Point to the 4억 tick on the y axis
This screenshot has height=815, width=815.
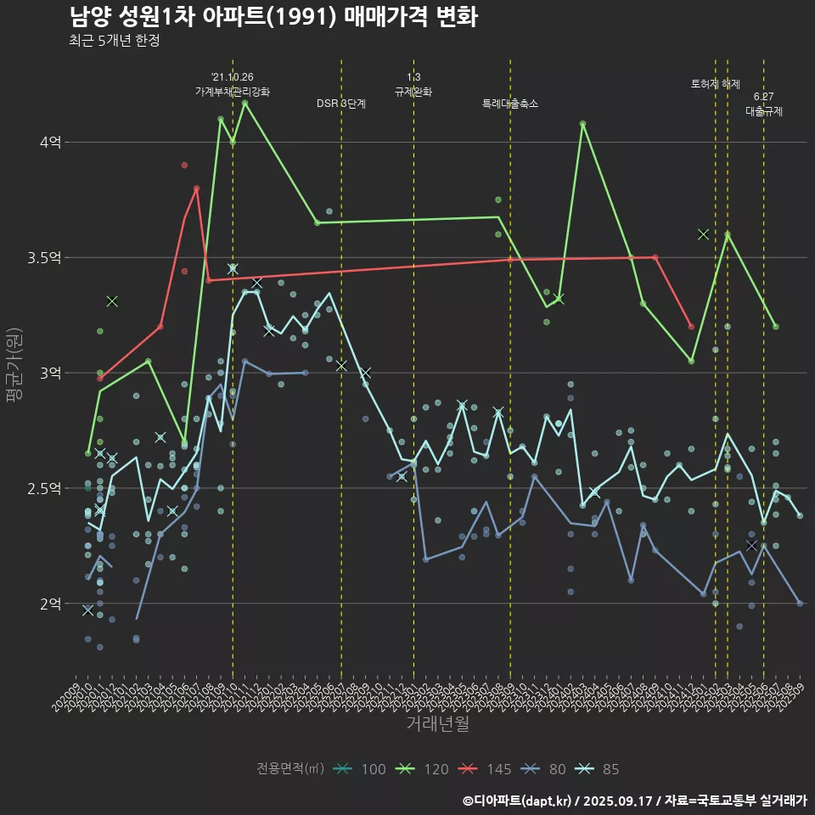click(50, 143)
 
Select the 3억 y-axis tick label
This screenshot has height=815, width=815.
click(50, 374)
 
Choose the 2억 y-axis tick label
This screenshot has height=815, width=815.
click(50, 604)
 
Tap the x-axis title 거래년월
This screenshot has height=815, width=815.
click(437, 724)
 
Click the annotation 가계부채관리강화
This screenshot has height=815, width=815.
click(233, 91)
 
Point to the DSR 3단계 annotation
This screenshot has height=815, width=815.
click(341, 104)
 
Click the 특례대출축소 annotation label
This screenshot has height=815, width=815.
click(510, 104)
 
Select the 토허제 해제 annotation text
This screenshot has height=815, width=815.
click(716, 84)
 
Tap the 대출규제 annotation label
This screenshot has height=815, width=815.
click(764, 111)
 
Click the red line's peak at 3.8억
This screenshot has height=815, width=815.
click(197, 188)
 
